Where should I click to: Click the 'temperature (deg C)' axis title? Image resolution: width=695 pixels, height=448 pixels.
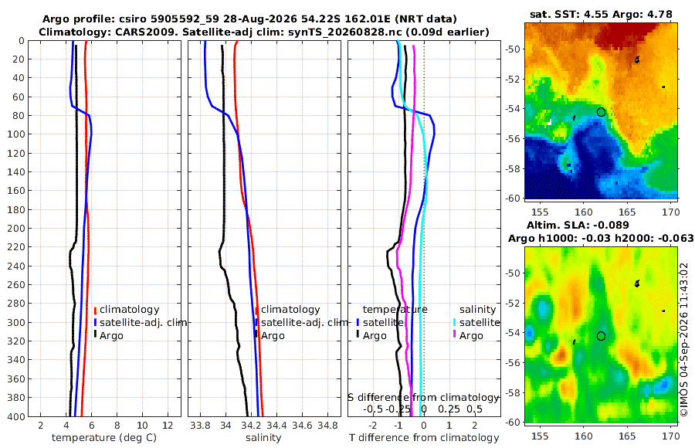pyautogui.click(x=104, y=438)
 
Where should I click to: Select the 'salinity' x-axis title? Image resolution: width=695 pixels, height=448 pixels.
pyautogui.click(x=263, y=438)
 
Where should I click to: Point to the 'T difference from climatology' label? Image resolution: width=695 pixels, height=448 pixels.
pyautogui.click(x=424, y=438)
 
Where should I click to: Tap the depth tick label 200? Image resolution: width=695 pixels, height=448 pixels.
pyautogui.click(x=16, y=228)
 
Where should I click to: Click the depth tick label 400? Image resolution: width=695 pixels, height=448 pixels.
pyautogui.click(x=16, y=416)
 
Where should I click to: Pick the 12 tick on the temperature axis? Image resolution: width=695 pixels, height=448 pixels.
pyautogui.click(x=168, y=426)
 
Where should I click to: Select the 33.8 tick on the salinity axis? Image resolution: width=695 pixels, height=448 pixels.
pyautogui.click(x=200, y=426)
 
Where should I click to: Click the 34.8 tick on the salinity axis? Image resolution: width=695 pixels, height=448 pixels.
pyautogui.click(x=327, y=426)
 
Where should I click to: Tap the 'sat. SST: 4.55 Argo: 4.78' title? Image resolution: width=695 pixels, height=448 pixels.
pyautogui.click(x=601, y=14)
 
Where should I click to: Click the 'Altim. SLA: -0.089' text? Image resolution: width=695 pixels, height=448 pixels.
pyautogui.click(x=578, y=225)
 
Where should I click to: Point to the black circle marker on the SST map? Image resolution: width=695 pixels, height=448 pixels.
pyautogui.click(x=601, y=112)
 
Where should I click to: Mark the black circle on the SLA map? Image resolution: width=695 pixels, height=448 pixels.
pyautogui.click(x=601, y=336)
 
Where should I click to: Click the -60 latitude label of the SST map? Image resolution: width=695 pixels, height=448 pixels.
pyautogui.click(x=514, y=198)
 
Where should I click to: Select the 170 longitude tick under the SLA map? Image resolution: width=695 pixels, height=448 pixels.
pyautogui.click(x=671, y=436)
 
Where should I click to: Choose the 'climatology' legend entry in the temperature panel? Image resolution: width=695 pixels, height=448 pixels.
pyautogui.click(x=127, y=310)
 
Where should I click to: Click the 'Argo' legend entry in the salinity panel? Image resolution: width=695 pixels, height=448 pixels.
pyautogui.click(x=270, y=335)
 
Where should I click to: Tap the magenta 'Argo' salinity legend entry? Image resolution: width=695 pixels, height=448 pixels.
pyautogui.click(x=468, y=335)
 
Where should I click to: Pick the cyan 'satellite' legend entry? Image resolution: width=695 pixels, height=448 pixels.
pyautogui.click(x=476, y=322)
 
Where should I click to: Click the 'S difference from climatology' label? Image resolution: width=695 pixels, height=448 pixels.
pyautogui.click(x=423, y=397)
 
